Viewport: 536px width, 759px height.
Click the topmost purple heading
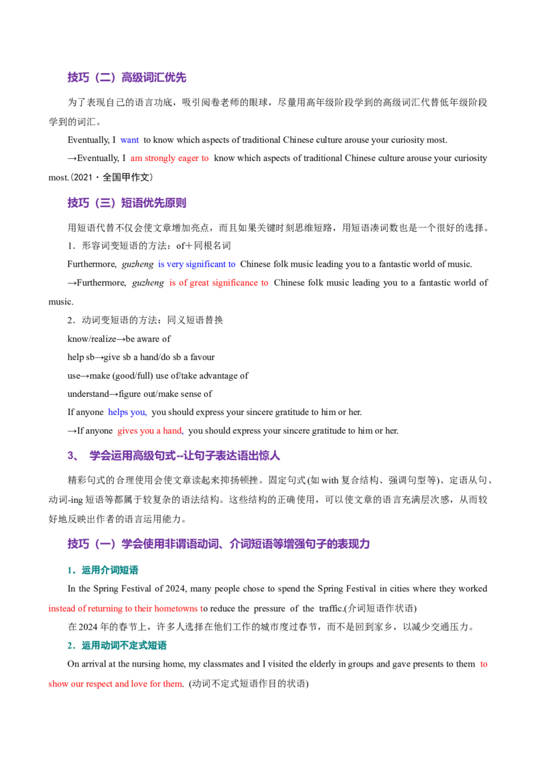tap(126, 78)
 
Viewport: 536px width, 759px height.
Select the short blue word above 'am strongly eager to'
tap(129, 140)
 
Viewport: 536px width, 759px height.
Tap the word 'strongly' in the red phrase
tap(156, 160)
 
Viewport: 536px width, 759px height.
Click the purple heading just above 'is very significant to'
tap(126, 202)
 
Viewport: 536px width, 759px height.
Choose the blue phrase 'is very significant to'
tap(196, 264)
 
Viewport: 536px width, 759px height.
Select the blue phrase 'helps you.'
tap(127, 412)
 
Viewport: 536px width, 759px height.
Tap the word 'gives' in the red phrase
tap(125, 430)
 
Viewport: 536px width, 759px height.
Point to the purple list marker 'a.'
tap(69, 456)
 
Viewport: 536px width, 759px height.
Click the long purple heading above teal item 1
tap(217, 544)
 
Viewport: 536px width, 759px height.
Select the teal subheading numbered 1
tap(109, 571)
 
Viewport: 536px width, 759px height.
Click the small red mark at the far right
tap(482, 664)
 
